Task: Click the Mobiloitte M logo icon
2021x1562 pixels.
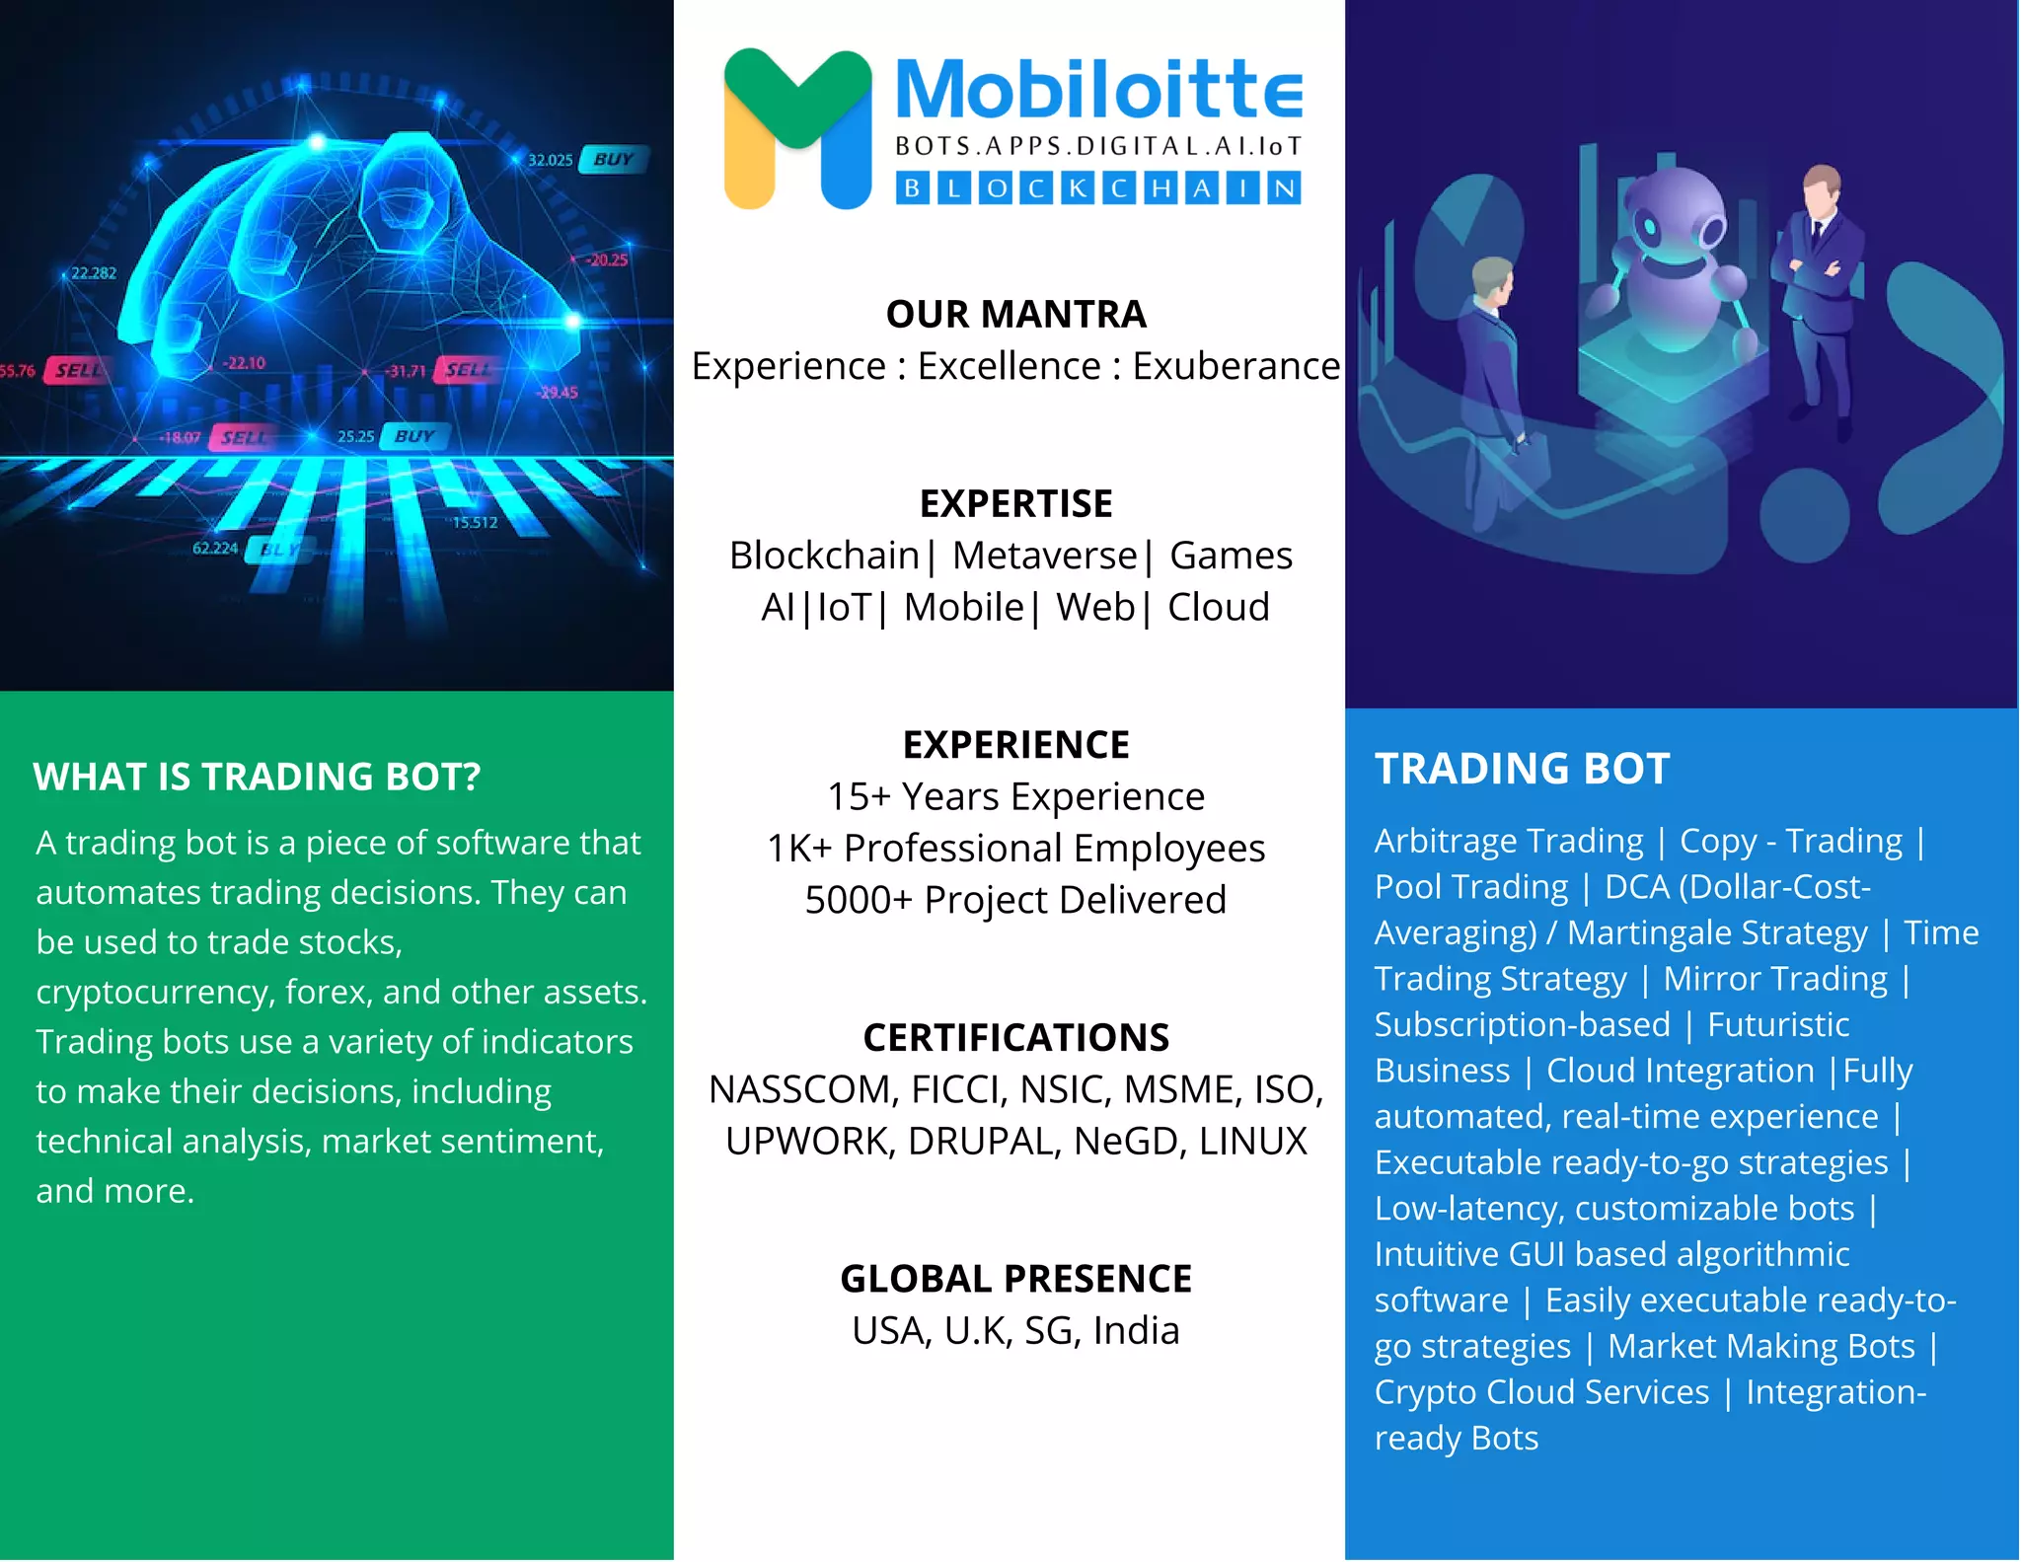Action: [797, 128]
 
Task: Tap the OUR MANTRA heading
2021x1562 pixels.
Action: [1015, 314]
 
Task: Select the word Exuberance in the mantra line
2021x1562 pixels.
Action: [1235, 366]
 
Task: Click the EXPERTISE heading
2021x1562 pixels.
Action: [1015, 503]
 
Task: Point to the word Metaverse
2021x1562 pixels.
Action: [1044, 556]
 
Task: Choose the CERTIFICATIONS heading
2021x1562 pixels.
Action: [1015, 1038]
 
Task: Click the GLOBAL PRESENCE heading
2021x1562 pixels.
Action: [1015, 1279]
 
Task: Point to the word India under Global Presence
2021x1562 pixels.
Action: [1136, 1331]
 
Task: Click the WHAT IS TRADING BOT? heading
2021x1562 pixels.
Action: [257, 777]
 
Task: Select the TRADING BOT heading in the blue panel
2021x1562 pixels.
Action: [1522, 769]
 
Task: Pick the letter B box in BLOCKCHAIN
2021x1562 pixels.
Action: [913, 187]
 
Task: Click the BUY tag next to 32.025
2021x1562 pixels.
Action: [614, 159]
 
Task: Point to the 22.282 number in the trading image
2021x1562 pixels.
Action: [93, 272]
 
